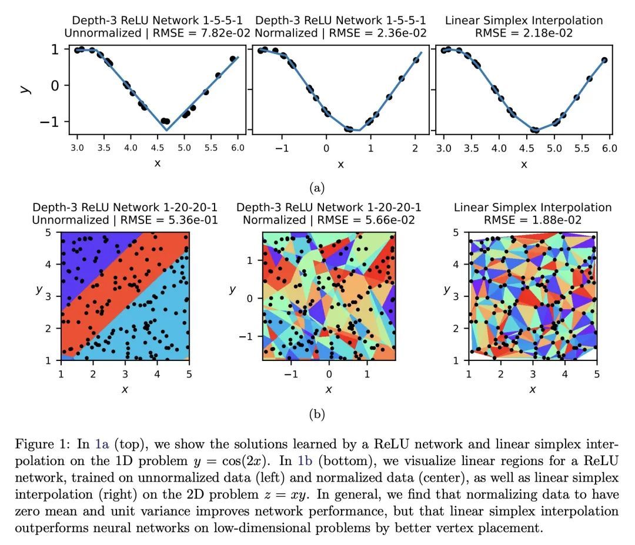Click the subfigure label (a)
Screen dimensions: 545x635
[317, 188]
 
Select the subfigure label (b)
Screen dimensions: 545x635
[317, 414]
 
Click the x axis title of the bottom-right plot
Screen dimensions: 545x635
[532, 389]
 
